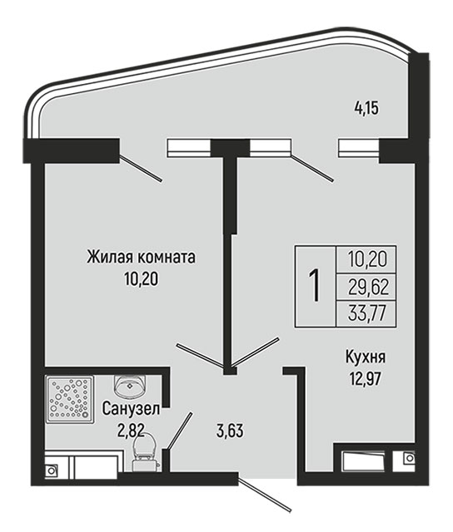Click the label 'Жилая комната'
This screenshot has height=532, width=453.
click(x=141, y=257)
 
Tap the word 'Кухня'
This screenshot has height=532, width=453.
click(x=366, y=357)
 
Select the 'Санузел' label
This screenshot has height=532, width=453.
click(x=131, y=408)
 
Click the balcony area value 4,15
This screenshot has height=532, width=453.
click(x=366, y=109)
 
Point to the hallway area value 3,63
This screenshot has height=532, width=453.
click(x=230, y=431)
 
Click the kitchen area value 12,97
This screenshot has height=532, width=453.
click(x=366, y=379)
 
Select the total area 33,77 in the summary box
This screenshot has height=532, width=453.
click(x=368, y=313)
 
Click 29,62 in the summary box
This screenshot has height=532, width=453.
click(x=368, y=288)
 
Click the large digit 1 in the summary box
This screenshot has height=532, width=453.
click(x=315, y=285)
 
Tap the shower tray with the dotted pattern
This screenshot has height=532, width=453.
click(x=70, y=399)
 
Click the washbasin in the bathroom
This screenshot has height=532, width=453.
click(x=130, y=387)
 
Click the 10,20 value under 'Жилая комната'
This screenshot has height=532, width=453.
click(x=142, y=279)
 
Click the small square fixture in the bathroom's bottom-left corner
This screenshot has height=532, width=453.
click(x=51, y=470)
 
